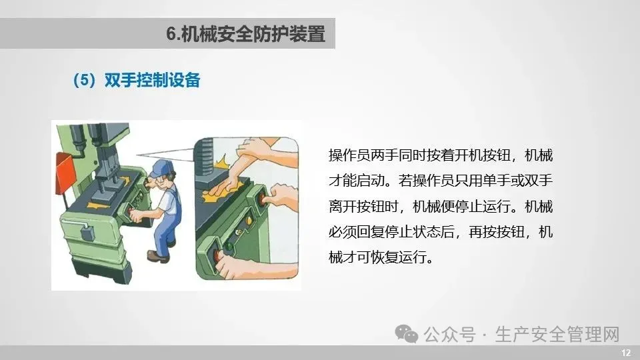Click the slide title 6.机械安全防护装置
246,33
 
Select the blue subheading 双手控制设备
152,80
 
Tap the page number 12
626,353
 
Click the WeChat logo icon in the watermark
407,334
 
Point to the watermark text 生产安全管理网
557,334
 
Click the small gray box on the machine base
87,234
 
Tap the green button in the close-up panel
230,247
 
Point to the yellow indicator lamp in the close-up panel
249,221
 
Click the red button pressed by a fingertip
261,199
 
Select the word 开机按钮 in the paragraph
483,155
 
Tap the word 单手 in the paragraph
496,181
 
